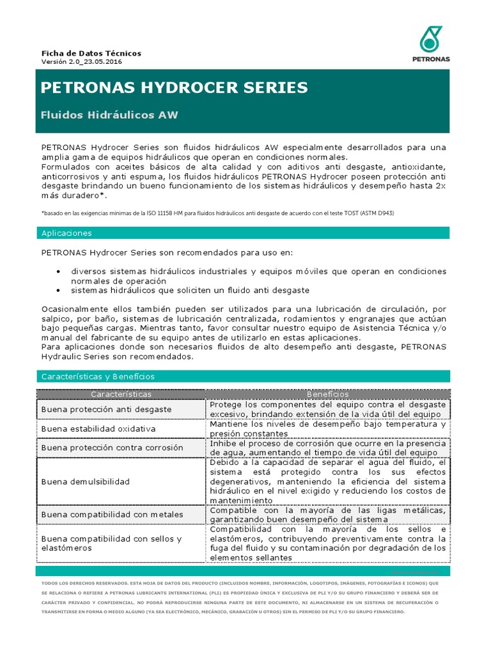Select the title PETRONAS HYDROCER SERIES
coord(174,87)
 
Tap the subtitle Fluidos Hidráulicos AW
coord(109,115)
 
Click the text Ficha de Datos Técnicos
coord(91,53)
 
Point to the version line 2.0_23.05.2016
coord(82,62)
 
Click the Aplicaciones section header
coord(66,233)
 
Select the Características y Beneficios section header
coord(98,376)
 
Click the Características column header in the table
coord(121,395)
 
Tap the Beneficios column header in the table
coord(327,395)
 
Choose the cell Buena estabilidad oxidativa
coord(98,429)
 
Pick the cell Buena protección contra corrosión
coord(112,448)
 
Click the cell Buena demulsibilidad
coord(85,481)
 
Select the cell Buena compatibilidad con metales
coord(112,514)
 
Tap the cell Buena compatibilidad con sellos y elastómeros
coord(111,544)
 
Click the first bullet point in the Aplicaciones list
coord(59,271)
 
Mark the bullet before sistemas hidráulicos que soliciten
coord(59,290)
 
